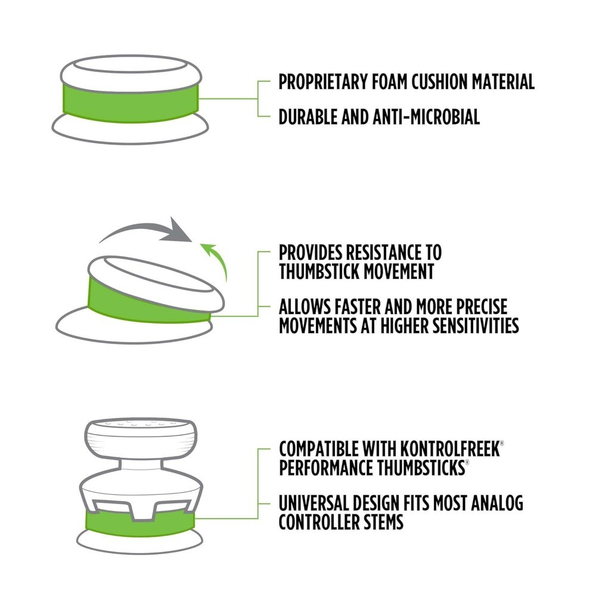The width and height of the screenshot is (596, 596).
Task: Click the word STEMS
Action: pyautogui.click(x=383, y=522)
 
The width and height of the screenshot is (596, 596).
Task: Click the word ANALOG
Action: pyautogui.click(x=497, y=503)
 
